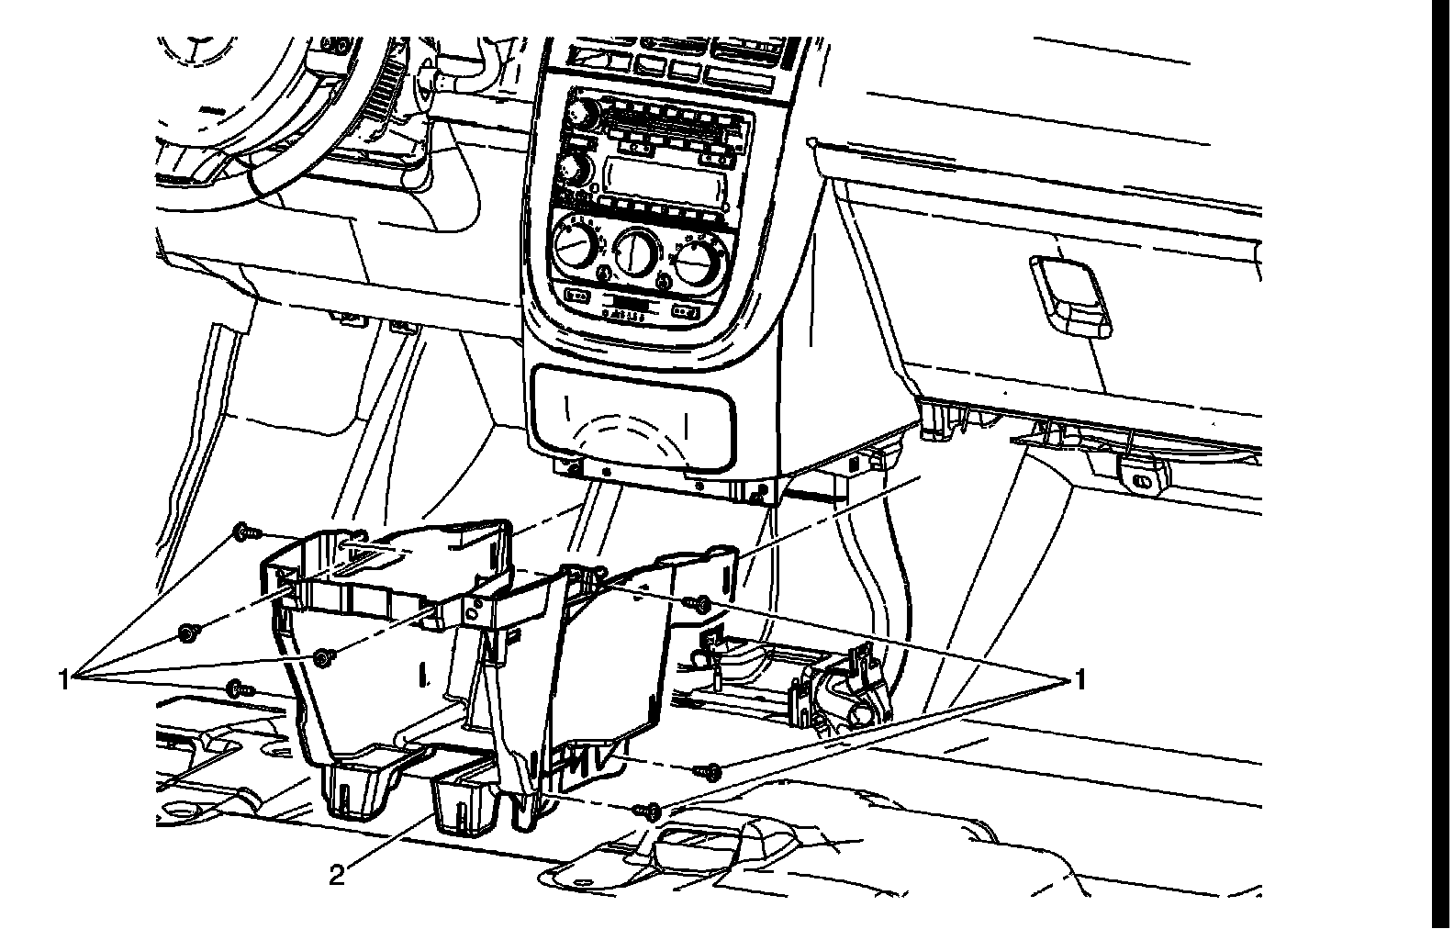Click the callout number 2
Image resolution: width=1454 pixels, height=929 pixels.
[x=337, y=877]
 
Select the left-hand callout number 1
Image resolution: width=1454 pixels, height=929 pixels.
[x=64, y=680]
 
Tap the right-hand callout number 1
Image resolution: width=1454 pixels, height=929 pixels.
[x=1080, y=680]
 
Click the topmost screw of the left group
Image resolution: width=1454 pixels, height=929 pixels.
[x=244, y=531]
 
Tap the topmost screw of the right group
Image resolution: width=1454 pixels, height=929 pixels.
[x=701, y=603]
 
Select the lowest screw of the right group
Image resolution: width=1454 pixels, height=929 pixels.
[x=651, y=811]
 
